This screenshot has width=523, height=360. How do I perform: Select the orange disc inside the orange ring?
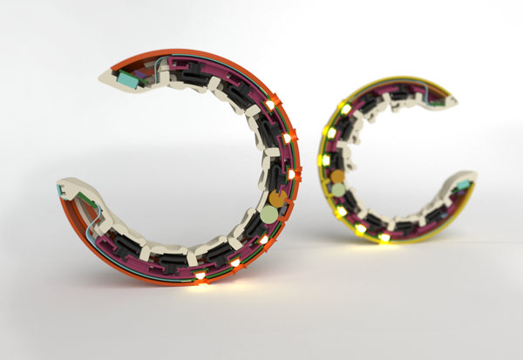coord(276,199)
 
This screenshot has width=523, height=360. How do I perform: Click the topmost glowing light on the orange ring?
coord(270,105)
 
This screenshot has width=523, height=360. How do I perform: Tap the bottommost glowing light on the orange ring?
coord(201,276)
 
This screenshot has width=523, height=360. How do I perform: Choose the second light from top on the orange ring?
coord(287,138)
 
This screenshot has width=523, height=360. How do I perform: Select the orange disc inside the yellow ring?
coord(338,178)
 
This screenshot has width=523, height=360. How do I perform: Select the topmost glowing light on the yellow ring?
coord(346,109)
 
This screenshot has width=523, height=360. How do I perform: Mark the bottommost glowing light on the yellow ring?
coord(384,237)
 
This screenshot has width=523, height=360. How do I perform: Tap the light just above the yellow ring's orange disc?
coord(327,160)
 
